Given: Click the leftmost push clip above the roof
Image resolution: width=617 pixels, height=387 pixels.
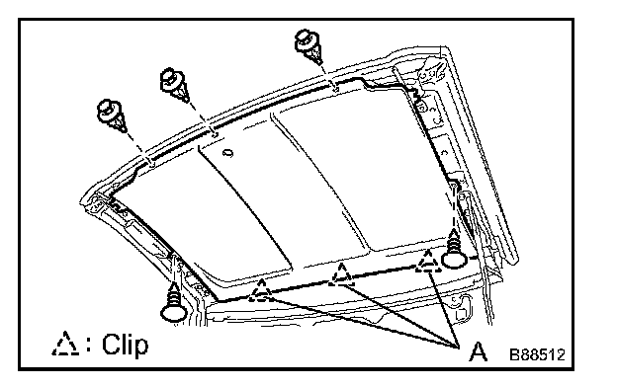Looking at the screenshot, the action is click(x=111, y=116).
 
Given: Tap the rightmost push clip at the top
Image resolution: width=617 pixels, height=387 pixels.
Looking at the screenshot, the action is click(x=308, y=46).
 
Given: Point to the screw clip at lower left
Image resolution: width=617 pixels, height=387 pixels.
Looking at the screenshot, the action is click(x=174, y=302).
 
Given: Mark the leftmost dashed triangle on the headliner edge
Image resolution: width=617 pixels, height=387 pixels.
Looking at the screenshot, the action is click(x=261, y=290).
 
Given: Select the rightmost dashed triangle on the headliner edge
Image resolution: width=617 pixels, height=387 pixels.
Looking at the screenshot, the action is click(x=427, y=261).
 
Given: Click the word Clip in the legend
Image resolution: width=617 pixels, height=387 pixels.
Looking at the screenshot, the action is click(x=126, y=345).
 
